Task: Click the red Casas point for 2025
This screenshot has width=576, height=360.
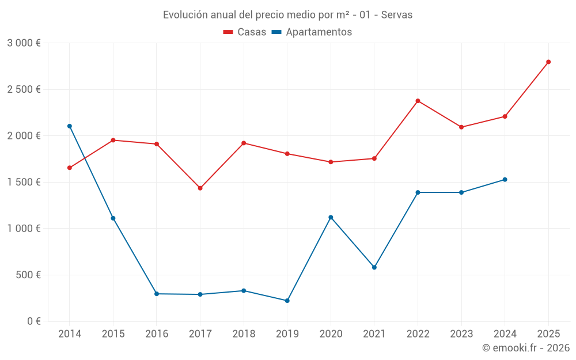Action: [x=548, y=62]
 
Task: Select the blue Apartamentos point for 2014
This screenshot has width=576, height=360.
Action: [x=70, y=126]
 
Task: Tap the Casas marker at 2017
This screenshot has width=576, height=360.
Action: [x=200, y=188]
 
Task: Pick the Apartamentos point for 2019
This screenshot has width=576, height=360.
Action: [x=287, y=301]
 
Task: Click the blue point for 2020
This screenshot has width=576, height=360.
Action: [x=331, y=217]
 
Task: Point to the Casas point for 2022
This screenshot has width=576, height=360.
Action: [x=418, y=101]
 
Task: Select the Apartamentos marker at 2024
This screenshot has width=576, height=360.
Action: [x=505, y=180]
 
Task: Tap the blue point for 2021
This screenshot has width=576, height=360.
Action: [x=374, y=267]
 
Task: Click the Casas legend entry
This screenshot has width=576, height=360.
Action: [x=245, y=32]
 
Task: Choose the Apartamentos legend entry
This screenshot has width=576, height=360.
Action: [x=312, y=32]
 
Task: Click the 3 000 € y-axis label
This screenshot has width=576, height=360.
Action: [x=24, y=43]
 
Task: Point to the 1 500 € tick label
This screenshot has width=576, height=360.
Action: [x=24, y=182]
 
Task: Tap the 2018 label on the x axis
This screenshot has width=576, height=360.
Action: [x=244, y=334]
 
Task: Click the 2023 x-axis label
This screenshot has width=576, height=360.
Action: [x=461, y=334]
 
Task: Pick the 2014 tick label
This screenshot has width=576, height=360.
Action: [x=70, y=334]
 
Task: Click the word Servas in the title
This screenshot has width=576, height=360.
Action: [x=397, y=15]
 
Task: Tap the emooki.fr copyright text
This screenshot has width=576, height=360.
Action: [x=526, y=348]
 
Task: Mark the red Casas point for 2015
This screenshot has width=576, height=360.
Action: [x=113, y=140]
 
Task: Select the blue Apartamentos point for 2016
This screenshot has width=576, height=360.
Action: [x=157, y=294]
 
